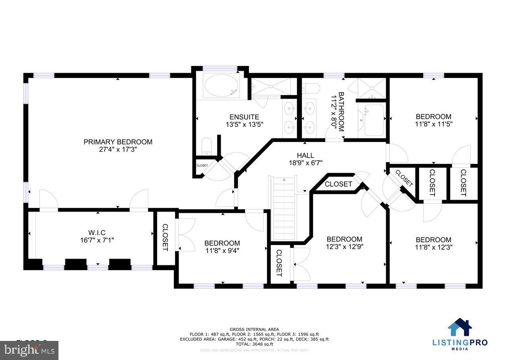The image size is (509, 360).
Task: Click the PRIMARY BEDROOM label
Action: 118,142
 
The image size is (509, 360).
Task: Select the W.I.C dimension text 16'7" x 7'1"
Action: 97,240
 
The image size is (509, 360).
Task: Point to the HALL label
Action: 305,155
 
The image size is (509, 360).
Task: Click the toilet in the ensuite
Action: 207,147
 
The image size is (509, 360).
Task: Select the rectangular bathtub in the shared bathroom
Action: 373,119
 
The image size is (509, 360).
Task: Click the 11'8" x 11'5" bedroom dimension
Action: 433,124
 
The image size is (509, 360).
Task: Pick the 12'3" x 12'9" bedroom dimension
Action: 344,246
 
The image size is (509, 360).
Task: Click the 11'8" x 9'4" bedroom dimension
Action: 222,250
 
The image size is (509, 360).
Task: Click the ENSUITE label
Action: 244,117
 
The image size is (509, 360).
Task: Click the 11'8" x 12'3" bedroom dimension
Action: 433,247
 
